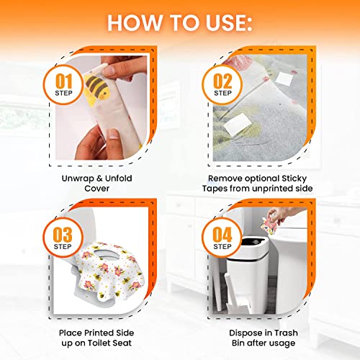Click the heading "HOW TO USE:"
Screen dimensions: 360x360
pyautogui.click(x=180, y=22)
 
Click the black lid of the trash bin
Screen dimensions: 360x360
pyautogui.click(x=255, y=247)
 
